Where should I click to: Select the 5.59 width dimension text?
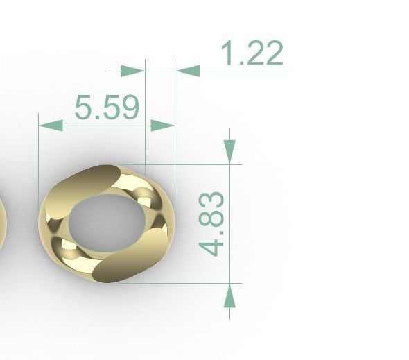[x=107, y=108]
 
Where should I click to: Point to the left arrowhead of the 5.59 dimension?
[x=51, y=125]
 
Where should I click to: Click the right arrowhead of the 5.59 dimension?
[x=162, y=125]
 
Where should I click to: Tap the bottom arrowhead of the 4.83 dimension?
[x=229, y=297]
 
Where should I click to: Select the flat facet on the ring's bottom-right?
[x=135, y=257]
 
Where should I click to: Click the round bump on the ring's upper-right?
[x=143, y=195]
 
